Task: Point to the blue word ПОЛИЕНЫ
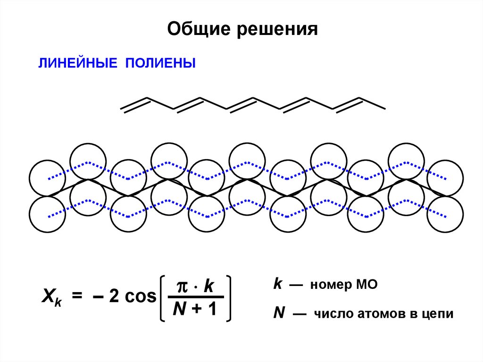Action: pyautogui.click(x=160, y=63)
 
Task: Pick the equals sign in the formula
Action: pyautogui.click(x=77, y=296)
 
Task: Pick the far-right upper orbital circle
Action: pyautogui.click(x=446, y=177)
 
